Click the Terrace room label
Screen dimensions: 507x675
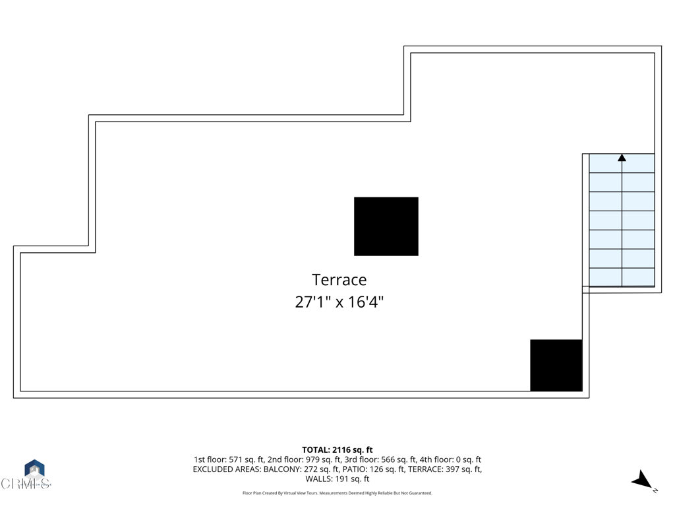tap(339, 280)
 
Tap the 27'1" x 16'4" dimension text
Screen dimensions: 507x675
tap(339, 302)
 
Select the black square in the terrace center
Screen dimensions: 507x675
tap(386, 226)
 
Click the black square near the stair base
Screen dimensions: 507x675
tap(556, 365)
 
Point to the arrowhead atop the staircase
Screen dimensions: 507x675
tap(622, 158)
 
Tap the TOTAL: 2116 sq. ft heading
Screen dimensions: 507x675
tap(337, 450)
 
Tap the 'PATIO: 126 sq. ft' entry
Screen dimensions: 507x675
tap(376, 469)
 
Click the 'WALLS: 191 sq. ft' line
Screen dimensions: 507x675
tap(337, 479)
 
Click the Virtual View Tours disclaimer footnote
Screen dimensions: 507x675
tap(337, 493)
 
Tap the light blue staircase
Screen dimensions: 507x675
tap(622, 220)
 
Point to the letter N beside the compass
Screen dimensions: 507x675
tap(655, 490)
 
